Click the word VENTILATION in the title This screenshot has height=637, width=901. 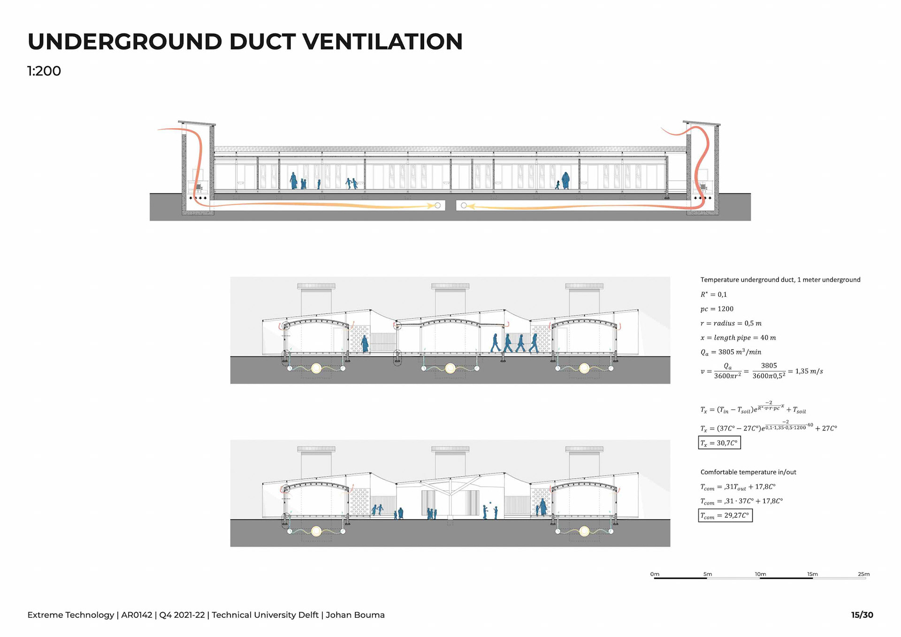pyautogui.click(x=382, y=42)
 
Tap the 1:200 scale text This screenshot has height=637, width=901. pyautogui.click(x=44, y=71)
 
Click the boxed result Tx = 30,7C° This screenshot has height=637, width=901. pyautogui.click(x=719, y=443)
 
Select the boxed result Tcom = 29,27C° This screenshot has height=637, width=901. pyautogui.click(x=725, y=515)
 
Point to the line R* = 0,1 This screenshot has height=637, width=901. pyautogui.click(x=713, y=295)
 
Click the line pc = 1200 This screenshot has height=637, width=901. pyautogui.click(x=717, y=309)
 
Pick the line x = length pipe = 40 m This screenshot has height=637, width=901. pyautogui.click(x=738, y=338)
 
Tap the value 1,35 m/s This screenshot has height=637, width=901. pyautogui.click(x=809, y=371)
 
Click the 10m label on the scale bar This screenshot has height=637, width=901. pyautogui.click(x=760, y=574)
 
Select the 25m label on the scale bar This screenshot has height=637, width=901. pyautogui.click(x=863, y=574)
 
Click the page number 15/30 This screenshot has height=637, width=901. pyautogui.click(x=862, y=615)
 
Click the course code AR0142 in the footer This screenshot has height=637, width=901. pyautogui.click(x=137, y=615)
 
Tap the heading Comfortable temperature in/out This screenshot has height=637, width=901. pyautogui.click(x=748, y=472)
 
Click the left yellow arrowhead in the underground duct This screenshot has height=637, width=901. pyautogui.click(x=430, y=206)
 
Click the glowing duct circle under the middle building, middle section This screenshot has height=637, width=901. pyautogui.click(x=450, y=368)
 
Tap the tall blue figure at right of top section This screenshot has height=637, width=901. pyautogui.click(x=565, y=180)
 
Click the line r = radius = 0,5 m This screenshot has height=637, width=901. pyautogui.click(x=731, y=323)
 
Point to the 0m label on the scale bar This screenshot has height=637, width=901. pyautogui.click(x=655, y=574)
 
